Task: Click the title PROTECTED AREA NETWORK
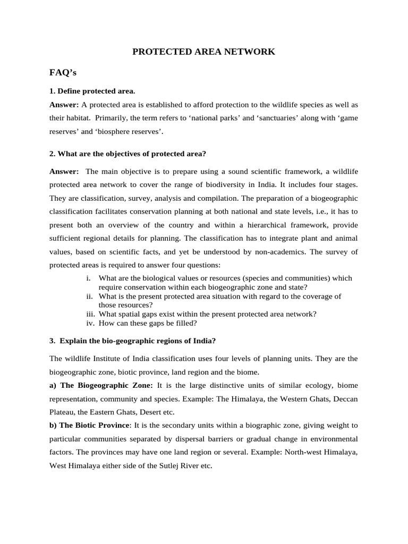[x=203, y=52]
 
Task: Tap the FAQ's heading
[x=63, y=72]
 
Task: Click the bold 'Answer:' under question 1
[x=64, y=104]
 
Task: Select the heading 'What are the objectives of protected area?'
[x=127, y=154]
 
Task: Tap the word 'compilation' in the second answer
[x=217, y=199]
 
